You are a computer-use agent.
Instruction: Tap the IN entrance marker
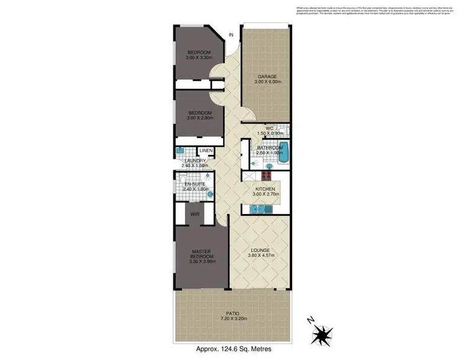pyautogui.click(x=232, y=35)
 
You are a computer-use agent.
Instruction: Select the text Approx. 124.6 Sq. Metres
pyautogui.click(x=233, y=350)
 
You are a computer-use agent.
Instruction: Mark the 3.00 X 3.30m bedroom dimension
pyautogui.click(x=199, y=57)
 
